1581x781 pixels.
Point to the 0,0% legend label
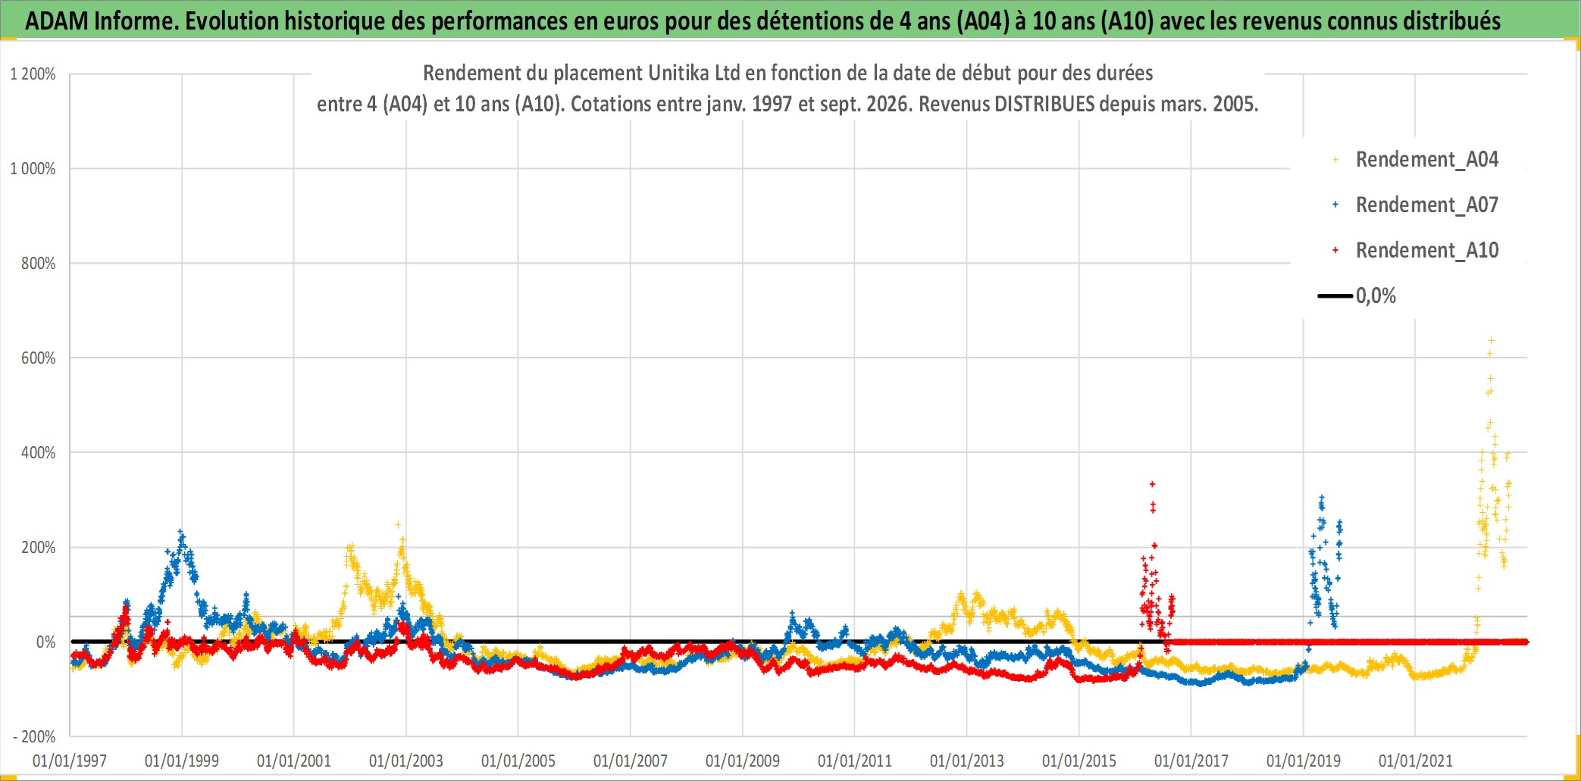(1376, 296)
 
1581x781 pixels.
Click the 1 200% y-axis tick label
(33, 74)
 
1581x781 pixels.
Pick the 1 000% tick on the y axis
(33, 169)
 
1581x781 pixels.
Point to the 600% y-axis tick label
(38, 358)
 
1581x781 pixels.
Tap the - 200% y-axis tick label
(34, 736)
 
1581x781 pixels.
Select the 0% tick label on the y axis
(45, 642)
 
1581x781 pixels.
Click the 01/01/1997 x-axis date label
(70, 761)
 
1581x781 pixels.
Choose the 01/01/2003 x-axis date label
(406, 761)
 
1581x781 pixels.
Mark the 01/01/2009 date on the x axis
(743, 761)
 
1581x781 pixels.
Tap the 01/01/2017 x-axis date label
(1191, 761)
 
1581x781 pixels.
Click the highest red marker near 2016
(1152, 484)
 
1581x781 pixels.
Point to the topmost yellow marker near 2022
(1491, 341)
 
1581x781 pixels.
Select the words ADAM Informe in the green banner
(102, 21)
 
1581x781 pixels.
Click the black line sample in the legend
(1335, 296)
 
